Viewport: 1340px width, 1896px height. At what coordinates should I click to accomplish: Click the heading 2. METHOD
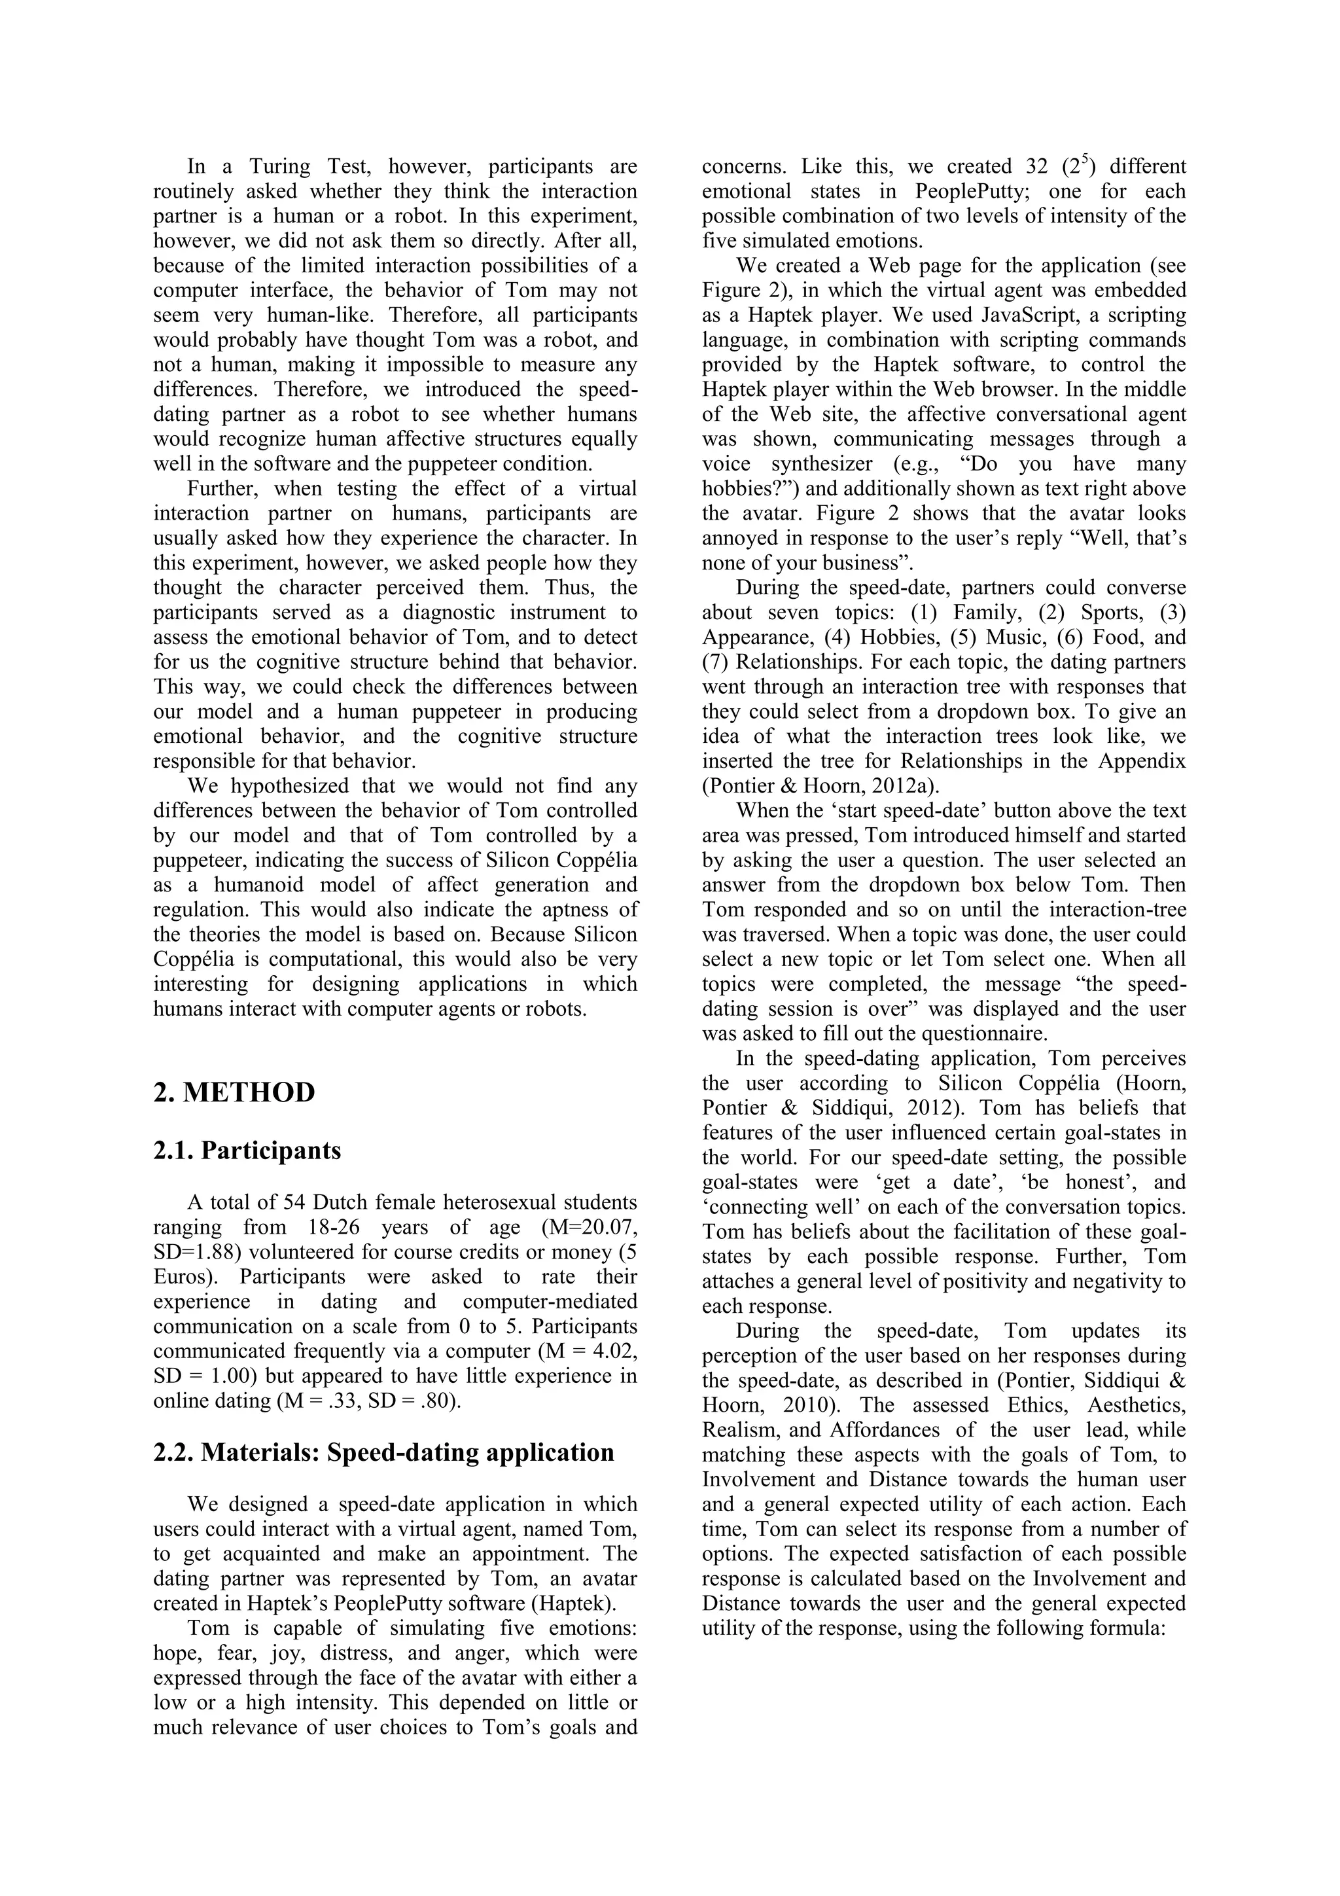(x=234, y=1092)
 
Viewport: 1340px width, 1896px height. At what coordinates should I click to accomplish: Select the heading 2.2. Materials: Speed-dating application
(x=383, y=1452)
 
